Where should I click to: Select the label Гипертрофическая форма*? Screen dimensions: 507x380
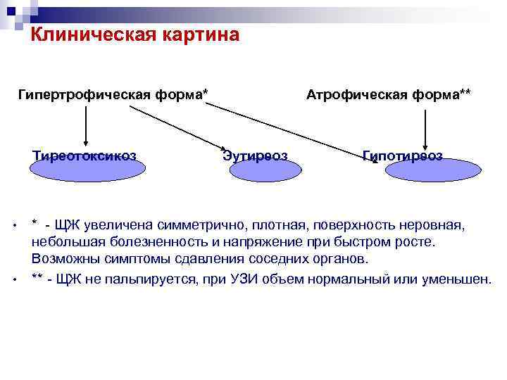[114, 94]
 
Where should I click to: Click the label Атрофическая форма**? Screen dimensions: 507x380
[389, 94]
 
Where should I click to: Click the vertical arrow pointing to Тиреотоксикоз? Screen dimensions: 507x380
[86, 127]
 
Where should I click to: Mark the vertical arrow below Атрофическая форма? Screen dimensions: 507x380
[423, 127]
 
